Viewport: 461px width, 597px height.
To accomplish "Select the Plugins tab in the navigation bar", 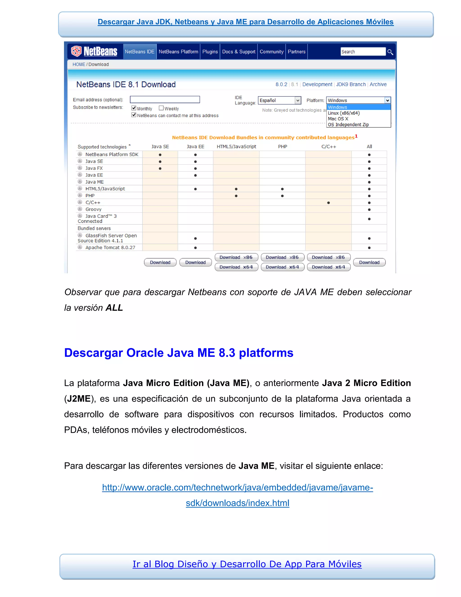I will click(x=210, y=52).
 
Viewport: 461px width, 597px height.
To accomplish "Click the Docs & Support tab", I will click(x=239, y=52).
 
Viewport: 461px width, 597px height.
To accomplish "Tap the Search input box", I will click(x=363, y=52).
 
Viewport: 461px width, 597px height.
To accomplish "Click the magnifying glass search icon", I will click(x=390, y=52).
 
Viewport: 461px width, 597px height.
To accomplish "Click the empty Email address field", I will click(x=165, y=100).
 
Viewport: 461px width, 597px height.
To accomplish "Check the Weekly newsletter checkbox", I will click(x=161, y=108).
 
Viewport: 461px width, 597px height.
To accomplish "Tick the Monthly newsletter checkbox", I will click(x=134, y=108).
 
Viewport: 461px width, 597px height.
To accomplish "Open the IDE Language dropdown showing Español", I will click(x=279, y=100).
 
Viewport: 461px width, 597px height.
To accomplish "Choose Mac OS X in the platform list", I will click(x=338, y=119).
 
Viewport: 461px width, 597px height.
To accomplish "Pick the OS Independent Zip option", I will click(x=348, y=125).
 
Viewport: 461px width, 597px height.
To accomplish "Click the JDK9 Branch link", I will click(x=351, y=84).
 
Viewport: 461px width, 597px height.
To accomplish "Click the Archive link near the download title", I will click(x=378, y=84).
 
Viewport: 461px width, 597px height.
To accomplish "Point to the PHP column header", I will click(x=282, y=146).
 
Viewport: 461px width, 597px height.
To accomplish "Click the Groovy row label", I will click(x=93, y=209).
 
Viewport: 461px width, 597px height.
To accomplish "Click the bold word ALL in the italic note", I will click(x=114, y=308).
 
